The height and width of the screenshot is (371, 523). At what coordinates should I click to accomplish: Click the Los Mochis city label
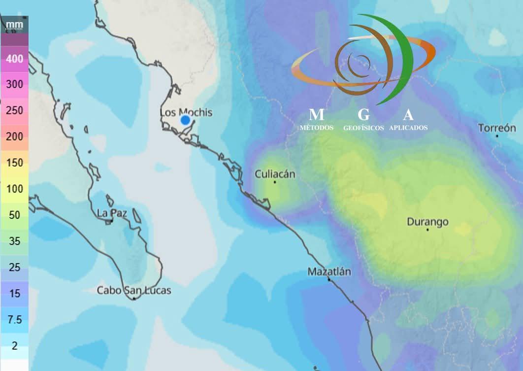[x=186, y=112]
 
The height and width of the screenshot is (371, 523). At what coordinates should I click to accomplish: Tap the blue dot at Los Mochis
[x=185, y=120]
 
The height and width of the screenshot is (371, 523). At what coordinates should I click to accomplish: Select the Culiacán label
[x=275, y=174]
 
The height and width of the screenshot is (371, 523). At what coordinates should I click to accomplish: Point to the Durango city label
[x=427, y=222]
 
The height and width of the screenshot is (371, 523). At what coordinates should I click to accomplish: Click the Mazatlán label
[x=329, y=271]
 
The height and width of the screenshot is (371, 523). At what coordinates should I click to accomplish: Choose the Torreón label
[x=497, y=128]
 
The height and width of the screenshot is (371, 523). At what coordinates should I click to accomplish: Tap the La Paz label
[x=112, y=213]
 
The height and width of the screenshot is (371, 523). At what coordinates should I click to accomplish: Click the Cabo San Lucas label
[x=134, y=290]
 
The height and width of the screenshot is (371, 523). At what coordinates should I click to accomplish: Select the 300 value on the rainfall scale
[x=14, y=84]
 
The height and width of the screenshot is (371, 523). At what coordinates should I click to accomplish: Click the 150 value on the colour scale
[x=14, y=163]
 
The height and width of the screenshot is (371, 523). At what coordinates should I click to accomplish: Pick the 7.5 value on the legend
[x=14, y=320]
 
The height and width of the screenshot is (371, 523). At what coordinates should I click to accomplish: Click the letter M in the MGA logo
[x=316, y=115]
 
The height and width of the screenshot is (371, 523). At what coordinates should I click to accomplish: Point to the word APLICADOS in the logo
[x=408, y=128]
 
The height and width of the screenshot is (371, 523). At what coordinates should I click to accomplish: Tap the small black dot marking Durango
[x=427, y=230]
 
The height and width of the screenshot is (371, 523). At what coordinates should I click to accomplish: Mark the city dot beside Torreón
[x=497, y=135]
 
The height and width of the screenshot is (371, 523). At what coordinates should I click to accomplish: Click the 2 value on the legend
[x=14, y=346]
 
